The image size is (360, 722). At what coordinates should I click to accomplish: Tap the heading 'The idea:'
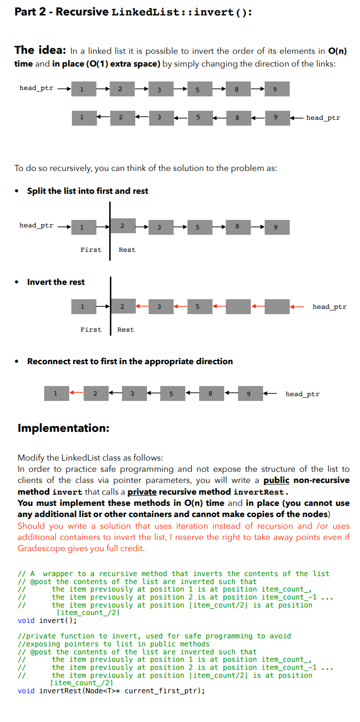point(40,51)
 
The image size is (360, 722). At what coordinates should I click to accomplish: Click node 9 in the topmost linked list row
point(274,89)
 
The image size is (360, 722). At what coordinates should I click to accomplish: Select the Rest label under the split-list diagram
point(127,250)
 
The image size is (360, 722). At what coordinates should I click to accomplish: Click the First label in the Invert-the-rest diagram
point(91,330)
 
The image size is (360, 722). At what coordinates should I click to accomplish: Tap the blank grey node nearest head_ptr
point(277,307)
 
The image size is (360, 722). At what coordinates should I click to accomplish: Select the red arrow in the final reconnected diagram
point(76,393)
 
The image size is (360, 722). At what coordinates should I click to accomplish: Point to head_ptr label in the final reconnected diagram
point(302,394)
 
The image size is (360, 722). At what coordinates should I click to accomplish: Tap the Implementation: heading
point(63,428)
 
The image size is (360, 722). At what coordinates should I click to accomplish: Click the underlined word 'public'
point(276,480)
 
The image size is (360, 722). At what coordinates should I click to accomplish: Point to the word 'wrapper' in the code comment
point(59,573)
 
